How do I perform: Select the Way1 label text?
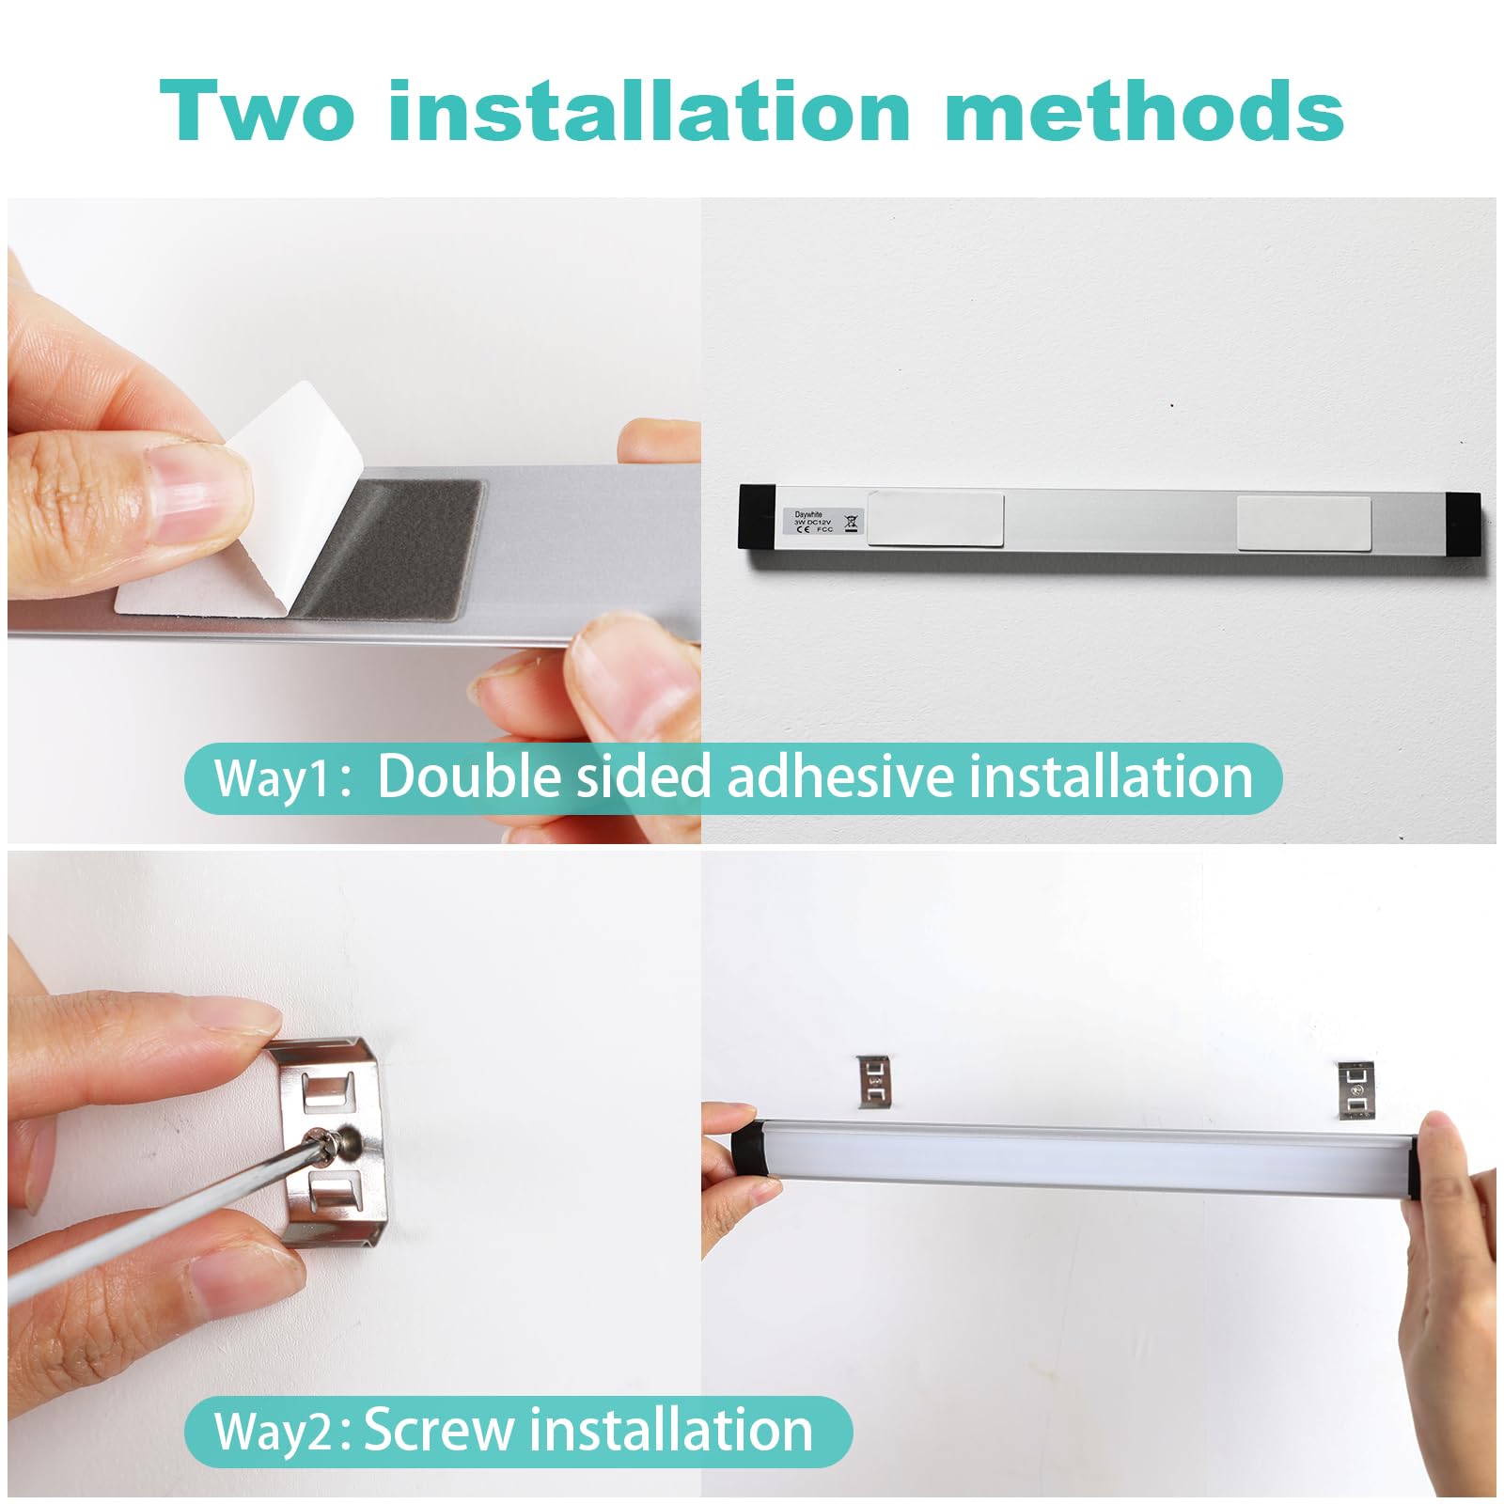(274, 779)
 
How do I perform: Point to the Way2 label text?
(274, 1432)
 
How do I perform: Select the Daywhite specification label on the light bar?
(823, 522)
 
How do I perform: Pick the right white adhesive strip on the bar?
(1303, 524)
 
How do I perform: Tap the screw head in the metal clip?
(345, 1141)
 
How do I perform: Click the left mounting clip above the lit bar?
(874, 1081)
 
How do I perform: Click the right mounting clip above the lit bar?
(1355, 1089)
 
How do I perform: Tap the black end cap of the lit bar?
(748, 1148)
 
